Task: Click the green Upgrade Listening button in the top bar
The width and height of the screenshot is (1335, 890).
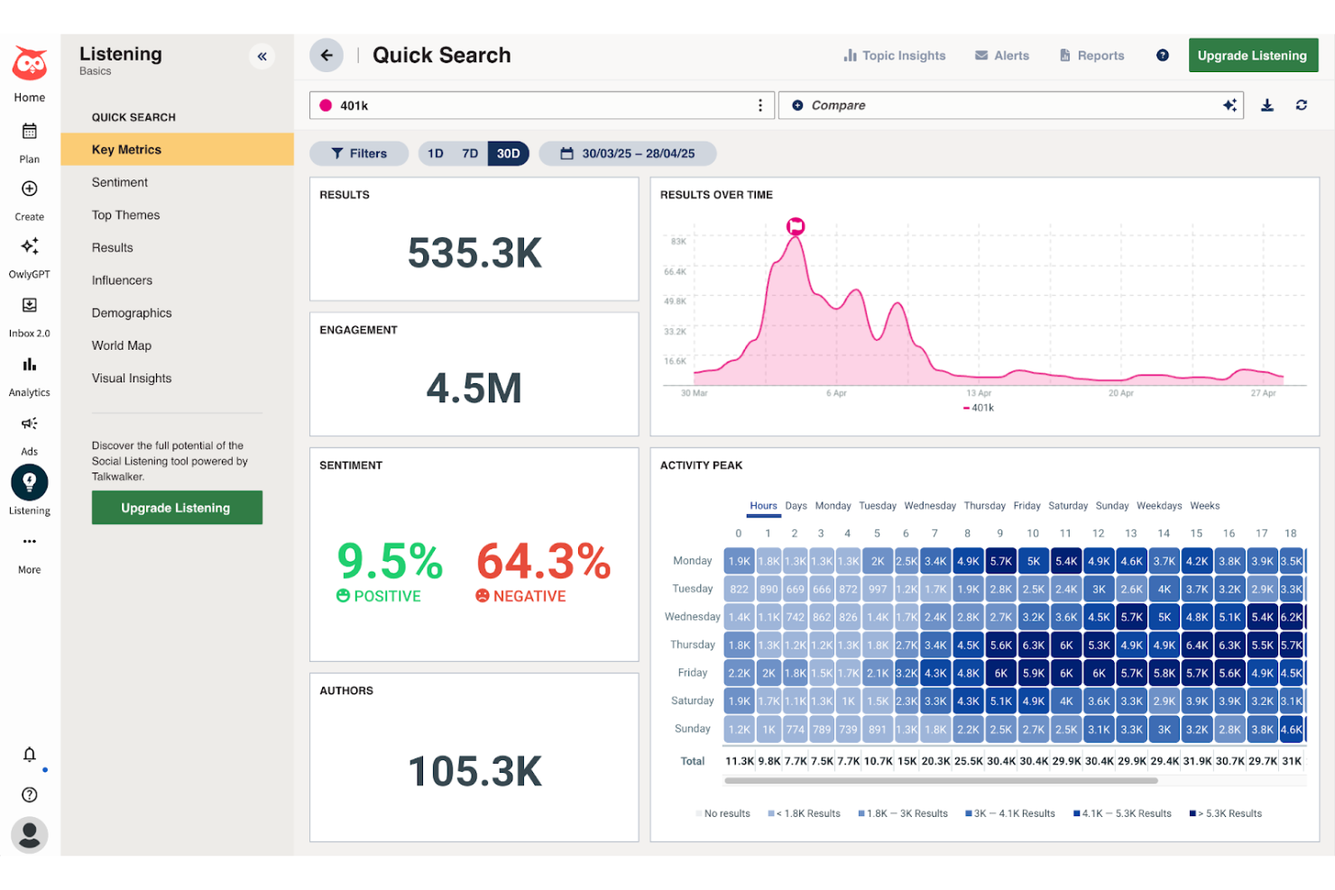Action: (1252, 56)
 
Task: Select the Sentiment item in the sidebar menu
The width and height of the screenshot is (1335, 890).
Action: (120, 182)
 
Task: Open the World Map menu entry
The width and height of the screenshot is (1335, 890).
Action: (122, 345)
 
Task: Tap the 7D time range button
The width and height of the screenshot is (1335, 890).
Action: (470, 153)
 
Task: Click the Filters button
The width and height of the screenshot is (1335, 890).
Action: (359, 153)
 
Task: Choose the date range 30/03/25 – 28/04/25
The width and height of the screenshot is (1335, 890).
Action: (628, 153)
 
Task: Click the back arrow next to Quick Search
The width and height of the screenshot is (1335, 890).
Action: (327, 55)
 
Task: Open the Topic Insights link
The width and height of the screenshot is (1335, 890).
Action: (895, 56)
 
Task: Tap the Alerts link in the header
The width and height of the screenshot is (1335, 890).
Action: (1002, 56)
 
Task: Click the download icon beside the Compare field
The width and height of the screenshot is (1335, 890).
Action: (1267, 106)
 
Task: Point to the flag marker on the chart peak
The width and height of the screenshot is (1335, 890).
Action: (796, 226)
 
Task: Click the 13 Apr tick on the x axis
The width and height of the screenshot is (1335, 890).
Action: (979, 393)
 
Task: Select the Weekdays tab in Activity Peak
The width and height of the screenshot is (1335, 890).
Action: (1159, 506)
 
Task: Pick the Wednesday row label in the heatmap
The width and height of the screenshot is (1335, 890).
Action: (692, 617)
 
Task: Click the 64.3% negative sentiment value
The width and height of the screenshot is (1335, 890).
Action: (543, 562)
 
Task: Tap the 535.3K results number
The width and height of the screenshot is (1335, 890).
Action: (474, 253)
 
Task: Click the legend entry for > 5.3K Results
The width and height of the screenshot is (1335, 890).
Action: (1226, 813)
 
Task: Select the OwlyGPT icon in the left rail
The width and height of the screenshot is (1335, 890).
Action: (30, 247)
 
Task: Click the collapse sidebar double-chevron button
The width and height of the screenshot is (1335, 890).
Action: (262, 57)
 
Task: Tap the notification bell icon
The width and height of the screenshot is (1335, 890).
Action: (30, 755)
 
